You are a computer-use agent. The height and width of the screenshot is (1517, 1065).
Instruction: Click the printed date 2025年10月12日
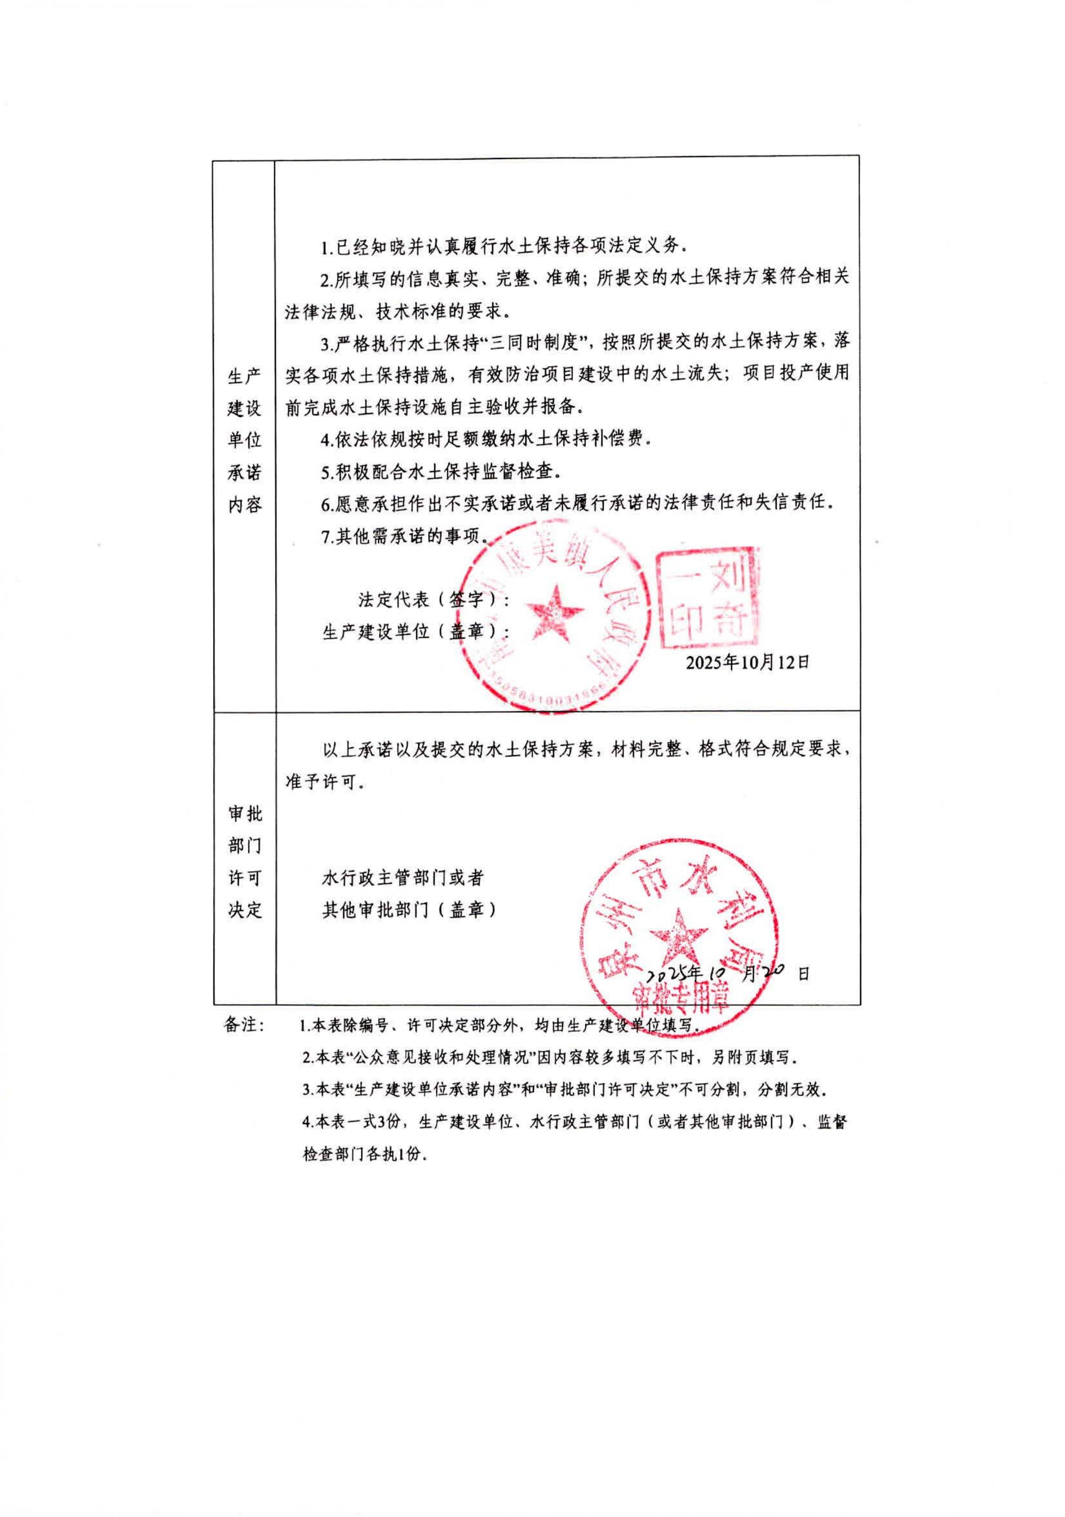[747, 661]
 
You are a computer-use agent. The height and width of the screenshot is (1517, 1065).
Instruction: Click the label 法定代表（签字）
[433, 599]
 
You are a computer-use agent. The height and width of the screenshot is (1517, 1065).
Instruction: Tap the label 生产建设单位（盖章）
[410, 631]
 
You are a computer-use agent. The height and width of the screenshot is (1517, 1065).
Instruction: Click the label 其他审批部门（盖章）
[410, 910]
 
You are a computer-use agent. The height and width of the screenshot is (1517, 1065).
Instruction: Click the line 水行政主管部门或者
[403, 877]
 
